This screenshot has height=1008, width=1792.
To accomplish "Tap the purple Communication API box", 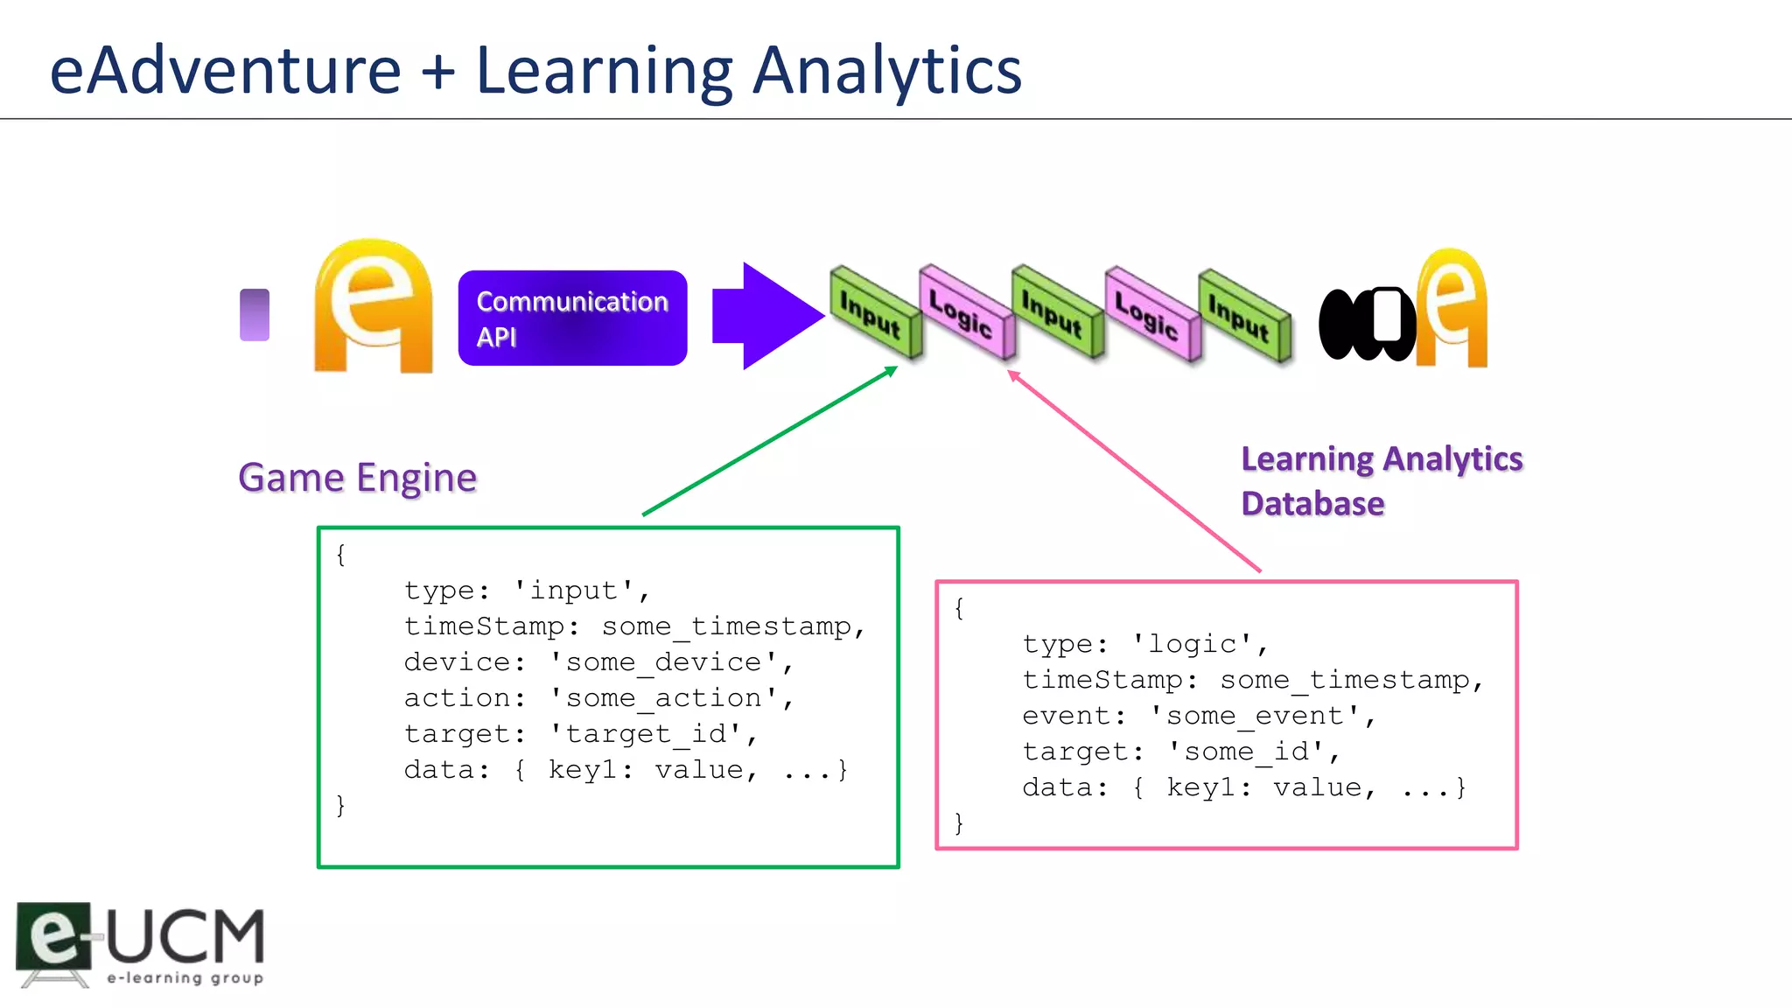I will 572,318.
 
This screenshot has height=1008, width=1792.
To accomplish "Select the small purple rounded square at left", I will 255,315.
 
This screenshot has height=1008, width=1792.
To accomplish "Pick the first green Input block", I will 872,313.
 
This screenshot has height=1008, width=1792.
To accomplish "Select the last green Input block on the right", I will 1242,316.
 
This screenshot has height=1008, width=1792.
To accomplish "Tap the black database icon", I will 1366,324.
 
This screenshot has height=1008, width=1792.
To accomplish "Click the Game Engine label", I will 357,478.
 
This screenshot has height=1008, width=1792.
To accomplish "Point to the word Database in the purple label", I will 1312,504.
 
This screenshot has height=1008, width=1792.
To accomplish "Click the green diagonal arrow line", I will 770,441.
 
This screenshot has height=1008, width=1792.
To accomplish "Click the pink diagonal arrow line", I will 1134,471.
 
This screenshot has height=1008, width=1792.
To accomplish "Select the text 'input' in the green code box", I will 574,591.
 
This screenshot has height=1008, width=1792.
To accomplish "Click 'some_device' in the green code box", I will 663,662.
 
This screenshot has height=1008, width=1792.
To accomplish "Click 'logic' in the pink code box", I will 1193,644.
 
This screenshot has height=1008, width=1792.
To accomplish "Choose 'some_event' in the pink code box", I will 1255,716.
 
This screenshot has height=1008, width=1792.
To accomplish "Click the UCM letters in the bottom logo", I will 185,936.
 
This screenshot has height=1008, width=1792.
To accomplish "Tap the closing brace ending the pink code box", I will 959,822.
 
